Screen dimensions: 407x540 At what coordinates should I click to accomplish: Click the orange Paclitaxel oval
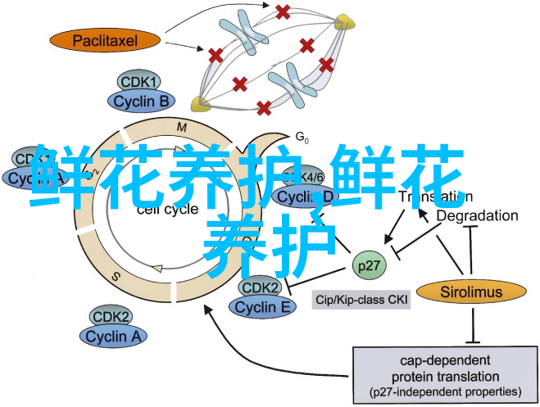(x=105, y=39)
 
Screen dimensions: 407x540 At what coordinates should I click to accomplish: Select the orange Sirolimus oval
(x=470, y=291)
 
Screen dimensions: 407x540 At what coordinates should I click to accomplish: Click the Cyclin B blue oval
(x=142, y=102)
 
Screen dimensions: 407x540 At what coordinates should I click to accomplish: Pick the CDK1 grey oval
(x=141, y=82)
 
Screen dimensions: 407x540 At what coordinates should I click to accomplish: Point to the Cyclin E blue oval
(x=263, y=307)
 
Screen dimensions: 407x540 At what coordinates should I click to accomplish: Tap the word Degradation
(x=477, y=215)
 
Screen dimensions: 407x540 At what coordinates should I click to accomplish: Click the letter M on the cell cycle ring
(x=182, y=125)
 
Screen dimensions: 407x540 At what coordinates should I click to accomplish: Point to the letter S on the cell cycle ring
(x=116, y=276)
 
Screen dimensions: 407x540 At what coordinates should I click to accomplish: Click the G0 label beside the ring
(x=302, y=137)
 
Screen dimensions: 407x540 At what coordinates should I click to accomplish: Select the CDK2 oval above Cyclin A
(x=111, y=316)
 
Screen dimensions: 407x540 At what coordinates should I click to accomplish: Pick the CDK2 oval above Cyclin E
(x=261, y=288)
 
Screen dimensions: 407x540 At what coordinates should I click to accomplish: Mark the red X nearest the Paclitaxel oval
(x=216, y=55)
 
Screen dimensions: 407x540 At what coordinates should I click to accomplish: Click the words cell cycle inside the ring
(x=179, y=209)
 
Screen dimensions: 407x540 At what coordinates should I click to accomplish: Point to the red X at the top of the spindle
(x=283, y=11)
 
